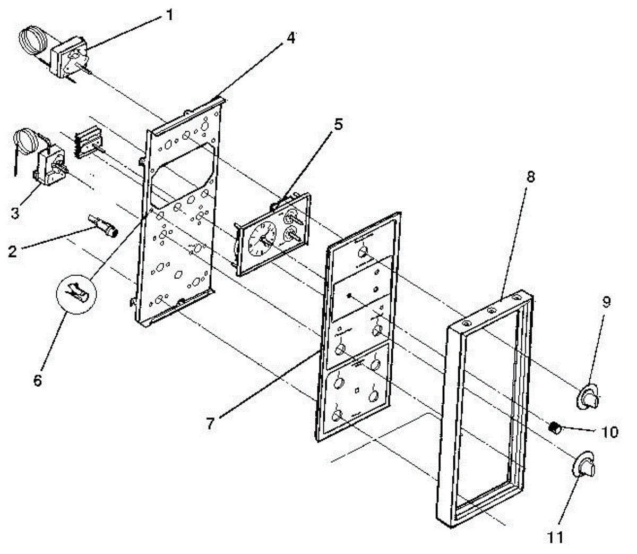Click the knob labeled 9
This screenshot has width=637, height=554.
click(x=588, y=398)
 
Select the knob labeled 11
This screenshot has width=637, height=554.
click(x=584, y=466)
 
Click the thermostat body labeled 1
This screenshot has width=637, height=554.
click(x=69, y=57)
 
